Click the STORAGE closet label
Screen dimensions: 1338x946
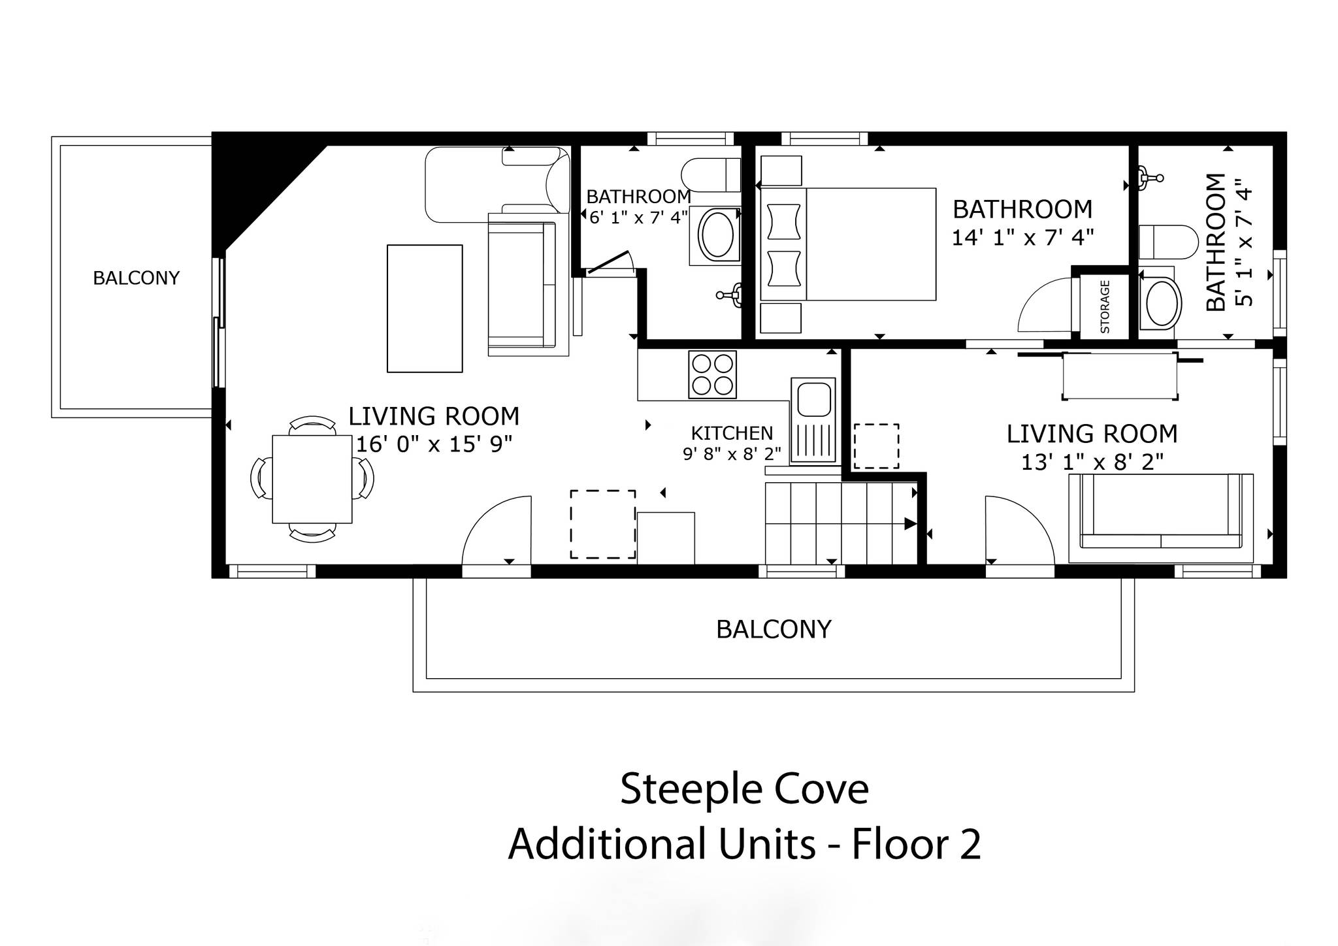coord(1105,306)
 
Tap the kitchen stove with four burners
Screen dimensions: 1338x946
coord(712,374)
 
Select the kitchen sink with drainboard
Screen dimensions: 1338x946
coord(813,420)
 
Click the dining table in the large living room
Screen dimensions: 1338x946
coord(312,479)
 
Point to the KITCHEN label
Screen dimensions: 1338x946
coord(732,433)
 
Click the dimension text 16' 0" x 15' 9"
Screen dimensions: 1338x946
coord(434,444)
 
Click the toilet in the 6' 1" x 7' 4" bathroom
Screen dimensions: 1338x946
coord(711,174)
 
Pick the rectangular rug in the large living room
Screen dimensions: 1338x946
coord(425,308)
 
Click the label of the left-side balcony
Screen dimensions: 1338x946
coord(136,278)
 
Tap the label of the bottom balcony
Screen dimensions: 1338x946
coord(774,629)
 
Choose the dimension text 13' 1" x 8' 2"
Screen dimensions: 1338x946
coord(1092,463)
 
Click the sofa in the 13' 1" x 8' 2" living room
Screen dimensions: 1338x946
coord(1160,517)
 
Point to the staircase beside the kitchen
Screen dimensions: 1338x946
coord(841,523)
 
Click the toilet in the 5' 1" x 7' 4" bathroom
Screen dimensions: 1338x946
coord(1168,242)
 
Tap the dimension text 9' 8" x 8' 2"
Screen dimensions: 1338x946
coord(732,453)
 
